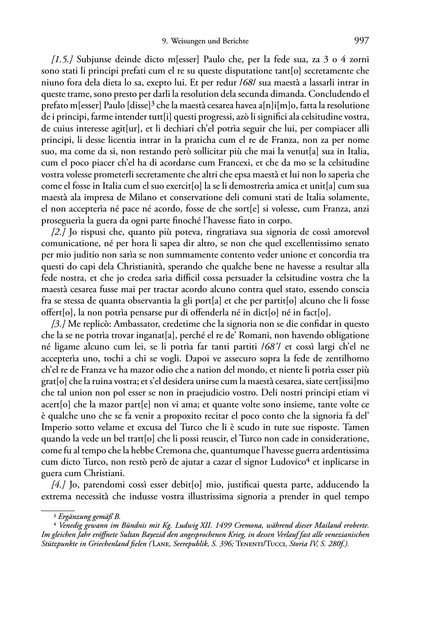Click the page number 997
point(362,41)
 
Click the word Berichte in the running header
point(236,41)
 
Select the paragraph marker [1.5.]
point(62,59)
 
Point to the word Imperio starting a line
point(56,427)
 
